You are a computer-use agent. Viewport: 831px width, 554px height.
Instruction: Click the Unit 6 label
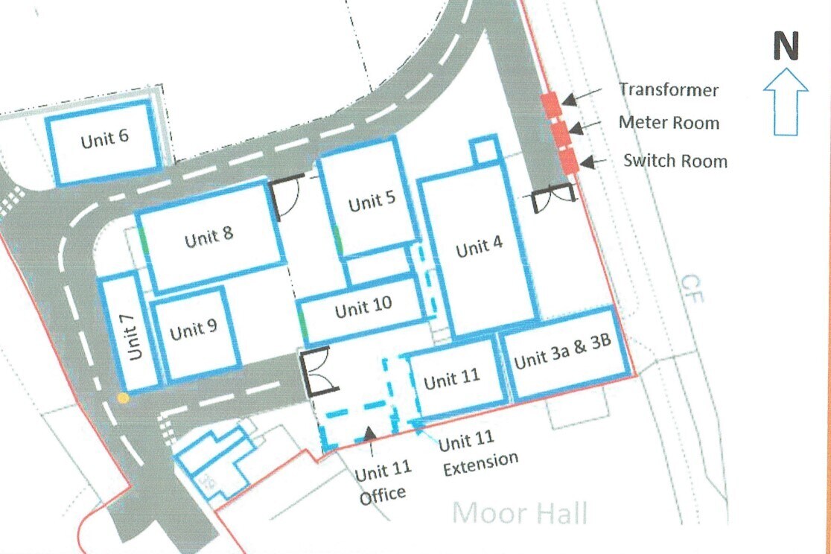tap(105, 138)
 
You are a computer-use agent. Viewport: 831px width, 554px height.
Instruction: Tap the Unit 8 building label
tap(209, 236)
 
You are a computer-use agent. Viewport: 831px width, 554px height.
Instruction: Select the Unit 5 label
tap(372, 202)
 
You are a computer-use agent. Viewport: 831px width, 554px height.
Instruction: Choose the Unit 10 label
tap(363, 308)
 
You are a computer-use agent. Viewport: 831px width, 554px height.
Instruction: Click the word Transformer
tap(669, 90)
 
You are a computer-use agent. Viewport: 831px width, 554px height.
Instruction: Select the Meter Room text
tap(669, 123)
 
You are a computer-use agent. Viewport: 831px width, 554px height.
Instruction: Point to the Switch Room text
tap(675, 160)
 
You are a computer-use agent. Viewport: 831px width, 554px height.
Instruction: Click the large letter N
tap(786, 47)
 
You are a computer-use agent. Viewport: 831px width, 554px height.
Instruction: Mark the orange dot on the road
tap(123, 398)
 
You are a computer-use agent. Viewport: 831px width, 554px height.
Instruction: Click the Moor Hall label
tap(520, 514)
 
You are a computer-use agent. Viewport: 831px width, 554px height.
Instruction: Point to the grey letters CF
tap(692, 289)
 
